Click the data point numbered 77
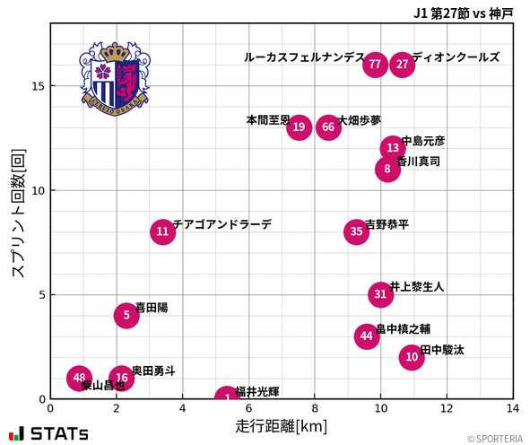pyautogui.click(x=375, y=65)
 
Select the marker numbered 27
pyautogui.click(x=403, y=65)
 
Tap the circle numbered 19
pyautogui.click(x=300, y=127)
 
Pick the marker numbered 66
pyautogui.click(x=328, y=127)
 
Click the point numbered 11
pyautogui.click(x=162, y=231)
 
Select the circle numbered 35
pyautogui.click(x=356, y=231)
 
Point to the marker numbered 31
pyautogui.click(x=381, y=294)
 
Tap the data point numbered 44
pyautogui.click(x=366, y=336)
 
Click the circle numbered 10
pyautogui.click(x=412, y=357)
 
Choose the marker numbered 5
pyautogui.click(x=126, y=315)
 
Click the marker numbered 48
pyautogui.click(x=80, y=378)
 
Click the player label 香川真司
pyautogui.click(x=419, y=162)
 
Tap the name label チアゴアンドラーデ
pyautogui.click(x=222, y=225)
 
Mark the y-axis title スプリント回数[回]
pyautogui.click(x=17, y=214)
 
